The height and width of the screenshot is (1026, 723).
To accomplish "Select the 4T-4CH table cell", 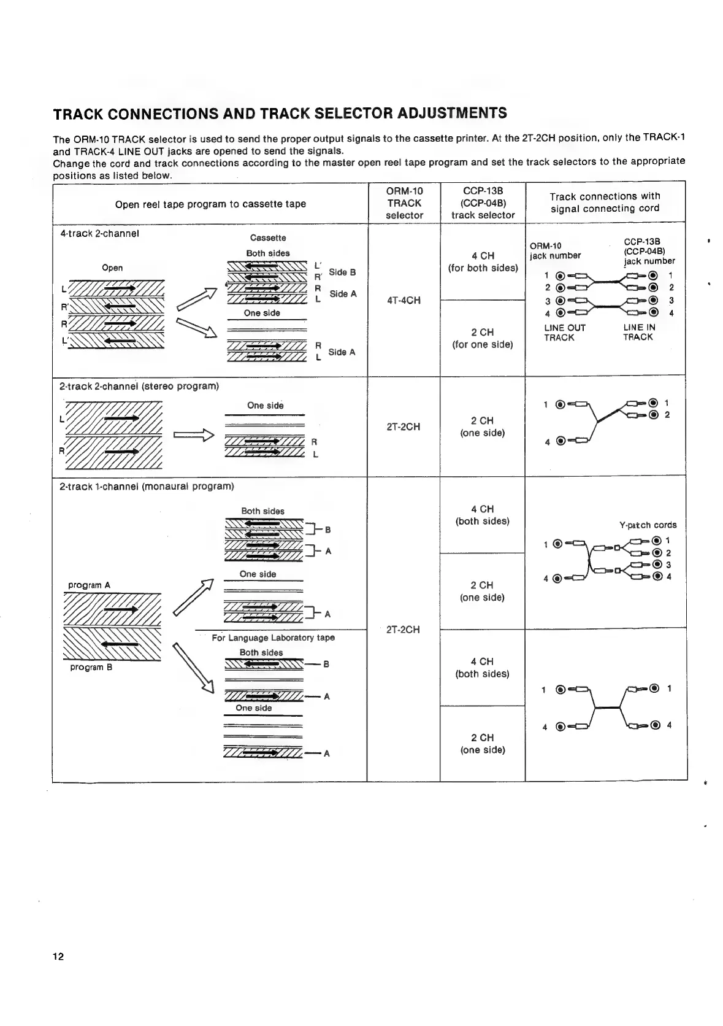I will coord(404,300).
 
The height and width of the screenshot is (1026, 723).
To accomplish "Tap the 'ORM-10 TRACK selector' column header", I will coord(404,203).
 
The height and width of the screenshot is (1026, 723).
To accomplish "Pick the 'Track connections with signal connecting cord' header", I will coord(605,202).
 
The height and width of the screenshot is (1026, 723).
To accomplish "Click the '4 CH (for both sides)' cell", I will coord(483,261).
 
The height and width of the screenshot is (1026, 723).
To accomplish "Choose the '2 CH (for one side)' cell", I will coord(483,338).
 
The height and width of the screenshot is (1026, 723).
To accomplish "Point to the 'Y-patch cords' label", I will coord(648,525).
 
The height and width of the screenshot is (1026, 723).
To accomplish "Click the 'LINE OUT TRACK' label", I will coord(564,333).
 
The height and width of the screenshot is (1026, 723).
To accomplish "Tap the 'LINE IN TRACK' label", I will coord(638,332).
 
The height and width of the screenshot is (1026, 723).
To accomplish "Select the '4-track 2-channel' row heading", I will coord(99,233).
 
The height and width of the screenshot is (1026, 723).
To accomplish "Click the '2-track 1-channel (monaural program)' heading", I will coord(147,486).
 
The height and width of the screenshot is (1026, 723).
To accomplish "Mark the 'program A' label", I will coord(89,585).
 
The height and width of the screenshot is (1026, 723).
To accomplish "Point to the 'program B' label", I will coord(91,667).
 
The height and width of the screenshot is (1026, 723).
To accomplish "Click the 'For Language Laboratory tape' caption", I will coord(273,638).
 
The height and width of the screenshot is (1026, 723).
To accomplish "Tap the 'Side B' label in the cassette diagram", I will coord(342,272).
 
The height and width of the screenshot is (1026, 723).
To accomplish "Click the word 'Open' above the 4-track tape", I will coord(112,268).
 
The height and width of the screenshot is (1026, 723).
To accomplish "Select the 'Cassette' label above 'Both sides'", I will coord(268,237).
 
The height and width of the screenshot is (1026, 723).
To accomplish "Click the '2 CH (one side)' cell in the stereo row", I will coord(482,426).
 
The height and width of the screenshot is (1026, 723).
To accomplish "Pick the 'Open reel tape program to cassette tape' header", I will coord(210,204).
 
